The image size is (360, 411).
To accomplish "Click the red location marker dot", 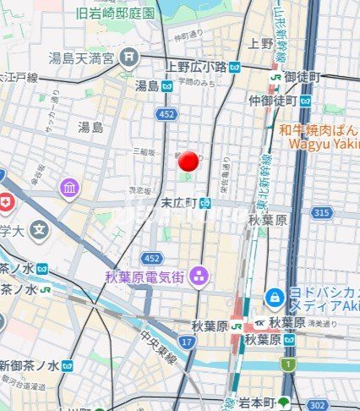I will pyautogui.click(x=189, y=162).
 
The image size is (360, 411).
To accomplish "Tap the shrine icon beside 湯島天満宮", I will pyautogui.click(x=128, y=58).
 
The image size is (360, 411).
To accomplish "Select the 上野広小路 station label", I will pyautogui.click(x=194, y=67).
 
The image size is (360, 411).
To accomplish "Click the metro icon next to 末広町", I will pyautogui.click(x=205, y=203).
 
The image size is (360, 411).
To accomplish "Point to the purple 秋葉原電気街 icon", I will pyautogui.click(x=199, y=276).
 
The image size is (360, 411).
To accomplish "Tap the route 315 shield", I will pyautogui.click(x=320, y=212).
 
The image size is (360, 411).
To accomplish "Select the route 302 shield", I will pyautogui.click(x=317, y=405).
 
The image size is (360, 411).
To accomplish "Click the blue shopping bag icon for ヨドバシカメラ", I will pyautogui.click(x=274, y=298).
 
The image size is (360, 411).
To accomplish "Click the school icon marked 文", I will pyautogui.click(x=39, y=228).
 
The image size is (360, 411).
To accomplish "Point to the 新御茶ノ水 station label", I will pyautogui.click(x=29, y=365).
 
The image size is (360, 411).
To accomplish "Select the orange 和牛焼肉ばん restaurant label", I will pyautogui.click(x=325, y=130).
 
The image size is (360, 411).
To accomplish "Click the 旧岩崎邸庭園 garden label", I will pyautogui.click(x=115, y=13).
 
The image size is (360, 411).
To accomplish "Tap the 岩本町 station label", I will pyautogui.click(x=256, y=403).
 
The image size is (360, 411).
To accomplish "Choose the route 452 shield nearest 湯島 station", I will pyautogui.click(x=166, y=113).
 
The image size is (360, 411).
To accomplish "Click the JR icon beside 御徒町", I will pyautogui.click(x=275, y=76).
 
